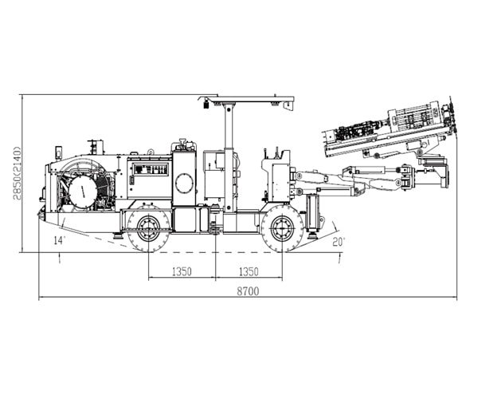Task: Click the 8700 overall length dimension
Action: click(248, 291)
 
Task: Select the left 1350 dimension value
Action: click(181, 271)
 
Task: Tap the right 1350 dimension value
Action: click(248, 271)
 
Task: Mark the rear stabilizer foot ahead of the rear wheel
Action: click(117, 234)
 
